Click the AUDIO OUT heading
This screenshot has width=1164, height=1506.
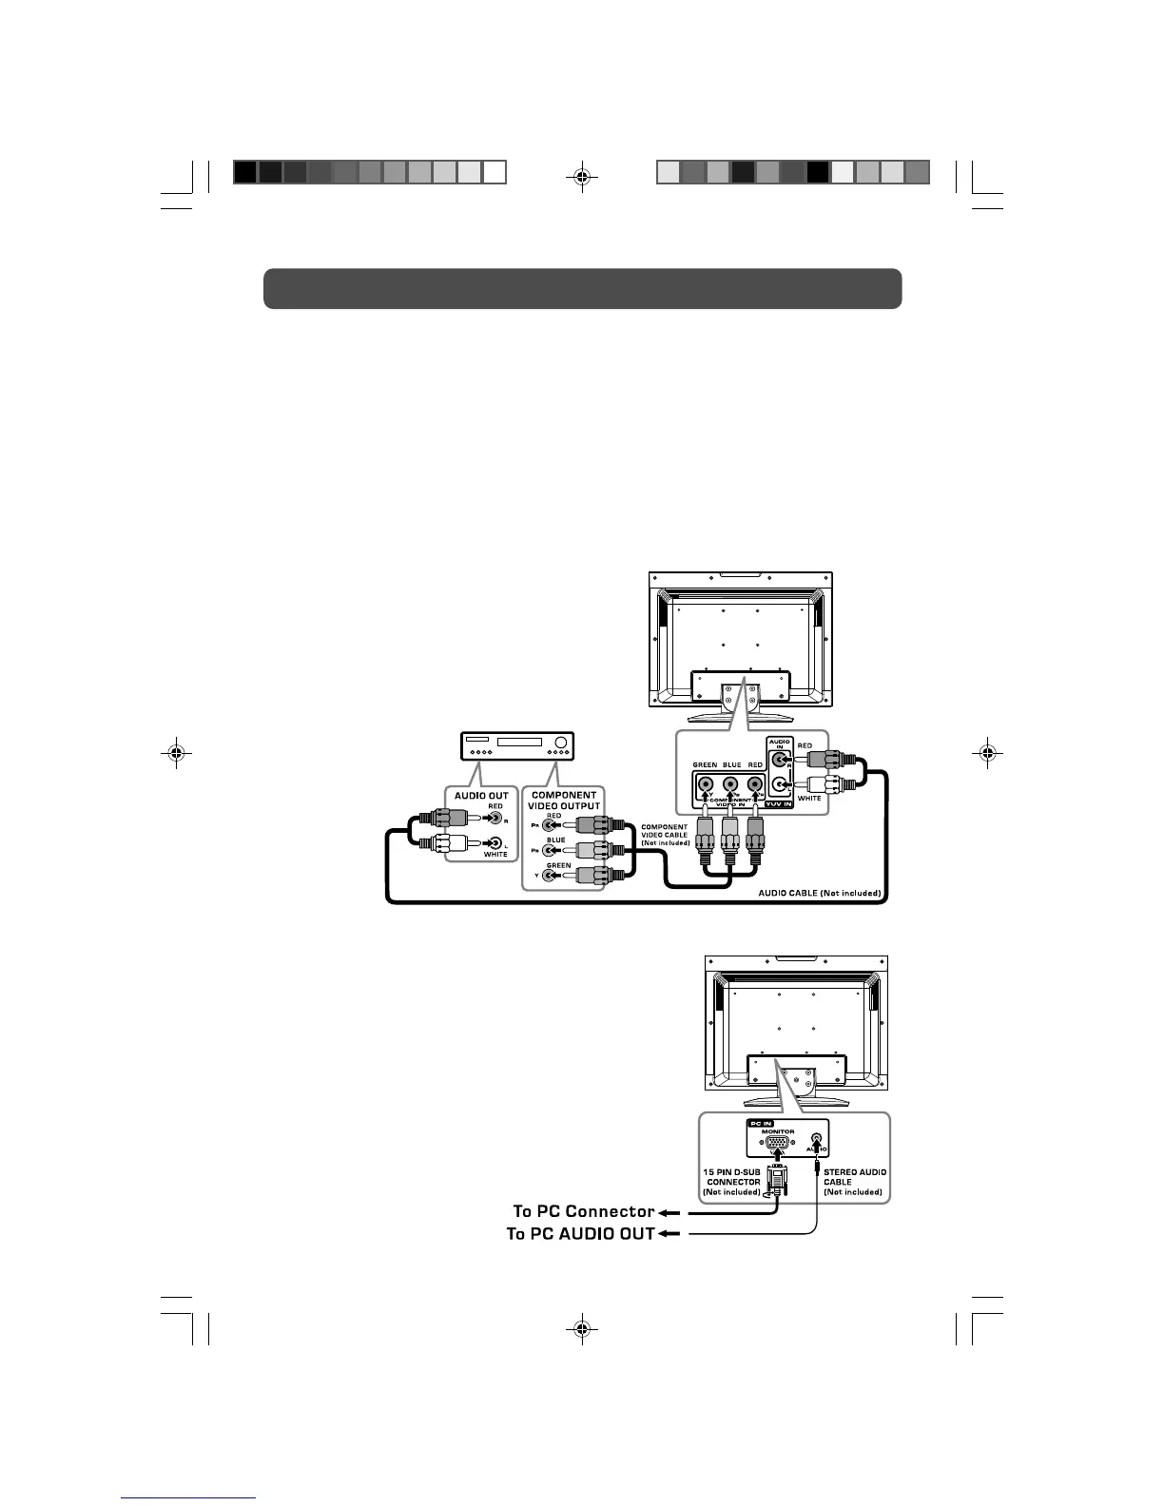pos(482,795)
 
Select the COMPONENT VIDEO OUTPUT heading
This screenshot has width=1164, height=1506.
pos(564,800)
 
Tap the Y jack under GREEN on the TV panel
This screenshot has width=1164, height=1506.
pos(706,785)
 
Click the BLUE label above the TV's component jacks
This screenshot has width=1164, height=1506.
pos(731,764)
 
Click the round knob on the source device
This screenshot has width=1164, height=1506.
pos(561,743)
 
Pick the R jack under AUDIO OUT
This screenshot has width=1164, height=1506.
pos(495,816)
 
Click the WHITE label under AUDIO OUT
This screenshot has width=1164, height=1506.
pos(495,854)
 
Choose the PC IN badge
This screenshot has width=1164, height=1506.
pos(761,1123)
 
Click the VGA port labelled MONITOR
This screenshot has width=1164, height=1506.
pos(777,1144)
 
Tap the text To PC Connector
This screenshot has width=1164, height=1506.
pos(584,1211)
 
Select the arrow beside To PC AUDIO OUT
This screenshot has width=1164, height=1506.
pos(669,1234)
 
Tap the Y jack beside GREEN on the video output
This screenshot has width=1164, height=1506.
pos(549,876)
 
